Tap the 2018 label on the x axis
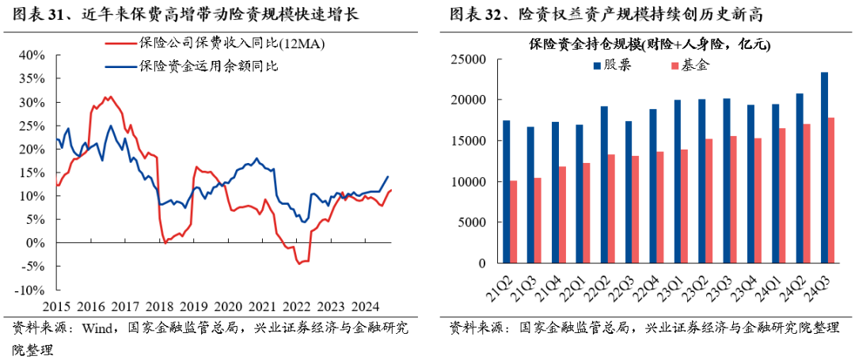[159, 306]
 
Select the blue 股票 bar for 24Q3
[824, 168]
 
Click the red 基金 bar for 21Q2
[514, 222]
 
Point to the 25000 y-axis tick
[468, 59]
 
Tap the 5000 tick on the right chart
[471, 222]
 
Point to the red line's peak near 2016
[109, 97]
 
